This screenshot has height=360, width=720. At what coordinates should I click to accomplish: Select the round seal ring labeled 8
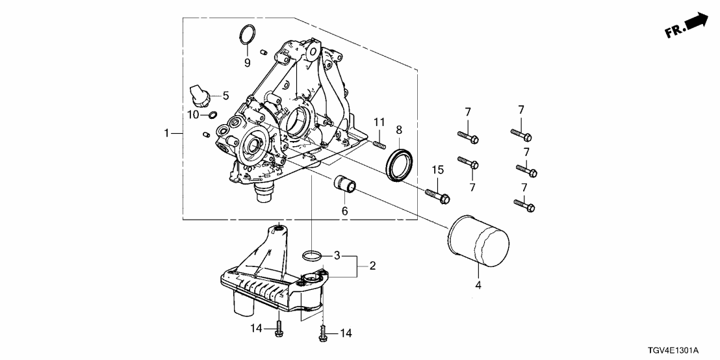(400, 162)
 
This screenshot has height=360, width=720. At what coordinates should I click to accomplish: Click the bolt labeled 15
(437, 195)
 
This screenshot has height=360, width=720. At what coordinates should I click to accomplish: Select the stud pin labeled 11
(378, 138)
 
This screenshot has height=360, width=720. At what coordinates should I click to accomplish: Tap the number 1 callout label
(168, 133)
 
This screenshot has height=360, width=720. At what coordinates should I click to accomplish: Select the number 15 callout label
(438, 170)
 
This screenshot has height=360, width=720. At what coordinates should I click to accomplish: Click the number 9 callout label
(247, 62)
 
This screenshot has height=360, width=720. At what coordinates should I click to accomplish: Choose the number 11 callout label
(378, 122)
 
